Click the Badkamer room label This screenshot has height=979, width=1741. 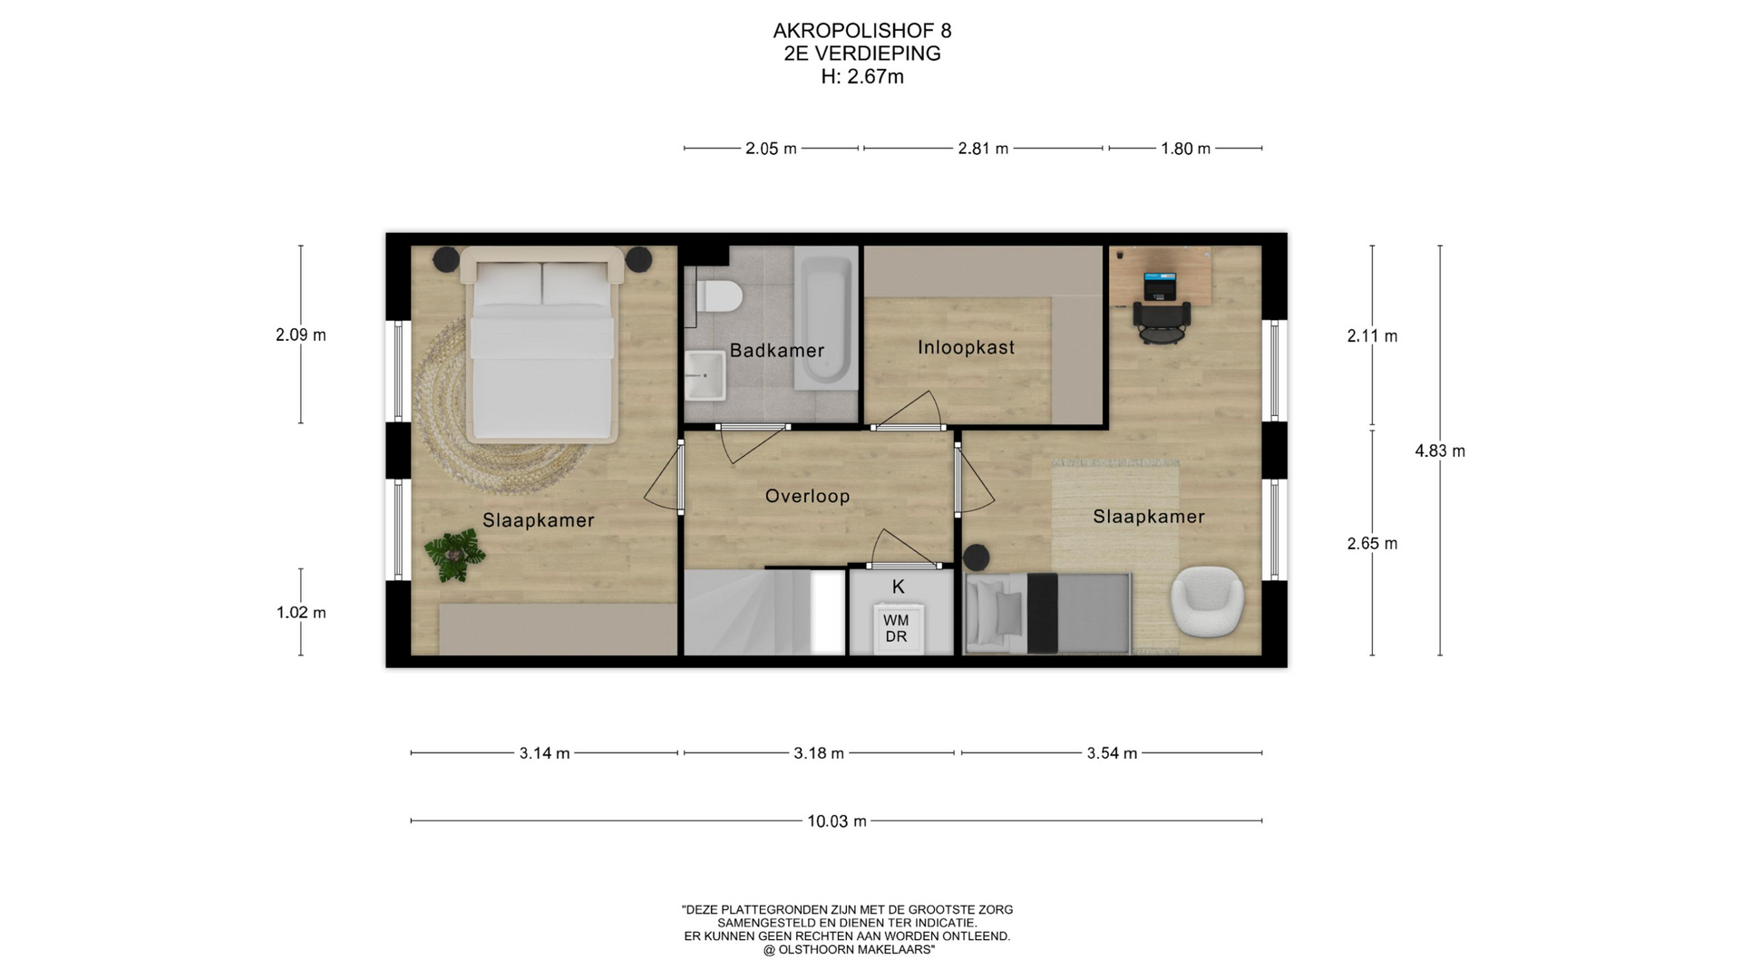(777, 350)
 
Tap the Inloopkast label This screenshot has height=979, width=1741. (966, 347)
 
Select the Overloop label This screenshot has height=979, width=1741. (807, 496)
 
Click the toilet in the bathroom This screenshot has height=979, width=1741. (720, 296)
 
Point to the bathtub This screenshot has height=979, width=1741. (826, 319)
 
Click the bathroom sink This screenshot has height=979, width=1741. (705, 375)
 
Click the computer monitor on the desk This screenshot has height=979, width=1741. (1159, 286)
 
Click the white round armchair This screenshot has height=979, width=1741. (1207, 602)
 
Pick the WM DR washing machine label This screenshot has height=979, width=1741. (896, 628)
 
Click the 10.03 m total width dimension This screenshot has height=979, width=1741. (837, 821)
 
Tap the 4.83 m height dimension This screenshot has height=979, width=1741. (1440, 451)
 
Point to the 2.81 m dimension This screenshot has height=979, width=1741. (983, 148)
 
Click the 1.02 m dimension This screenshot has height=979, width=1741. (301, 613)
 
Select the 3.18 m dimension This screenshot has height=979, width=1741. (819, 753)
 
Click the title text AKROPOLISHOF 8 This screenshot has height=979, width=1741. (862, 31)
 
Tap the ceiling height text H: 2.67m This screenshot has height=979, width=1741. (862, 77)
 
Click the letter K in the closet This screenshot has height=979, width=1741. (899, 586)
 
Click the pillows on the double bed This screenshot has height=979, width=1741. (541, 283)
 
